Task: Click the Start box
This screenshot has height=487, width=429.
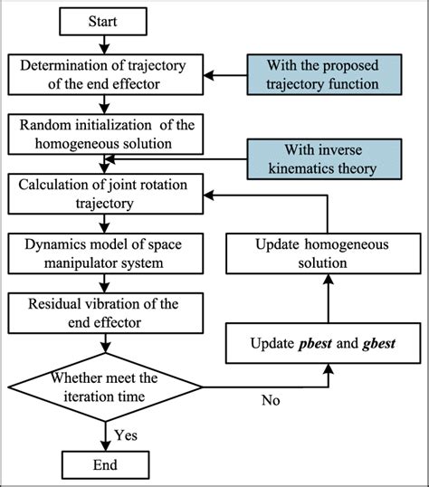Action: [108, 20]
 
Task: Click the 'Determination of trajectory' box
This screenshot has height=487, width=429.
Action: [108, 72]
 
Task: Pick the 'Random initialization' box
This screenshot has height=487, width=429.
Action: [108, 132]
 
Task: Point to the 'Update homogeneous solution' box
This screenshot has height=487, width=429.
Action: [324, 253]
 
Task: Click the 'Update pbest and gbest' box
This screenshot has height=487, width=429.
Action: [324, 344]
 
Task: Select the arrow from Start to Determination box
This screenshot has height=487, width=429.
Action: [108, 43]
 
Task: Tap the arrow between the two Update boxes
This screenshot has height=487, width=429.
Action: [324, 299]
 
